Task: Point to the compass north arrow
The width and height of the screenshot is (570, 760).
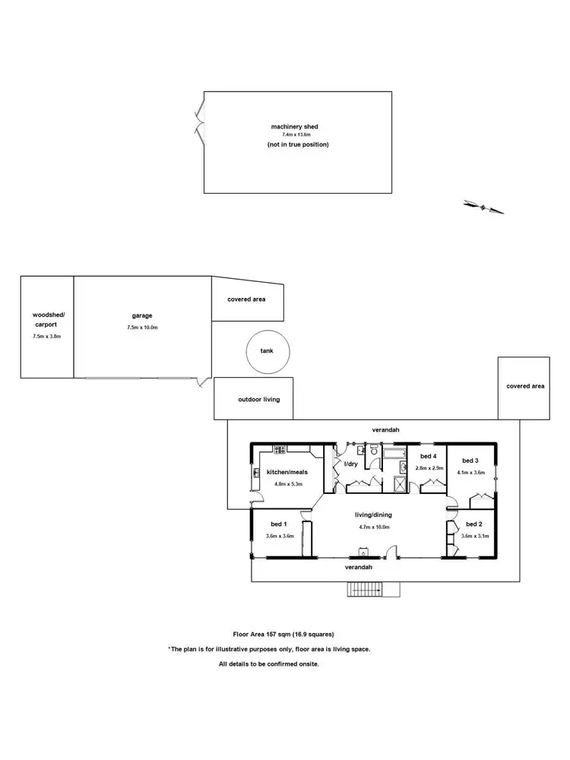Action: [x=483, y=206]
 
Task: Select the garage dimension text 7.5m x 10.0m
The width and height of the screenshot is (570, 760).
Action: [x=142, y=328]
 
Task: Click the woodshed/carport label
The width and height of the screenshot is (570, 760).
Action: [x=47, y=319]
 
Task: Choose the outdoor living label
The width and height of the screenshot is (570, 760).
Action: [x=254, y=398]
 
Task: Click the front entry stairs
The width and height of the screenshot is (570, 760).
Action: [x=366, y=590]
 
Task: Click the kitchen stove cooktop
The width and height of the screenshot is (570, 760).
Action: [x=279, y=449]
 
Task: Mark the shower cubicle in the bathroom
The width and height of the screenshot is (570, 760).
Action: [x=400, y=483]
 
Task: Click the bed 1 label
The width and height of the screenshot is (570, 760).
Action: [x=279, y=524]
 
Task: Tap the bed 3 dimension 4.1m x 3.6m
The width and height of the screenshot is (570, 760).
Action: [x=471, y=472]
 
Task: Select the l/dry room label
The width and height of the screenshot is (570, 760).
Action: [x=350, y=464]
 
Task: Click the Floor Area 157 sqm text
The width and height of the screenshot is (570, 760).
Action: [x=283, y=634]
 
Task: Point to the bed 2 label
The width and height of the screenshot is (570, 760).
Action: [x=473, y=524]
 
